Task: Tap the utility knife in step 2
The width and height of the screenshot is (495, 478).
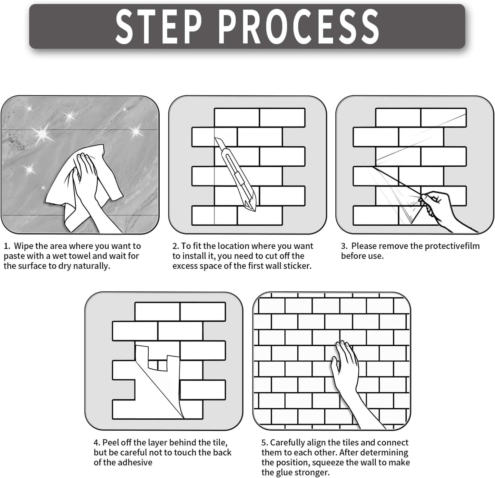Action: click(235, 174)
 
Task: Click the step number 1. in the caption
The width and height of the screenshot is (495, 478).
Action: click(7, 246)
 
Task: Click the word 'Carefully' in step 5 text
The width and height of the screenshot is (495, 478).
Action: click(287, 443)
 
